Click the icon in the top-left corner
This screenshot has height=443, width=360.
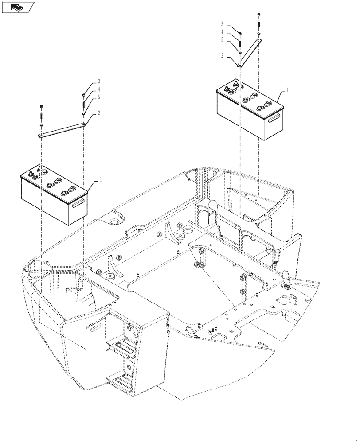click(x=18, y=7)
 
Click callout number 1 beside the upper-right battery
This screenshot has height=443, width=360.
click(x=288, y=90)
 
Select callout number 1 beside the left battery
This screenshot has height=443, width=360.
click(x=101, y=180)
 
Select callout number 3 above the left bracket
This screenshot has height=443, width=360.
click(x=99, y=82)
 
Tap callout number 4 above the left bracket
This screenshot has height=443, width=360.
click(x=99, y=89)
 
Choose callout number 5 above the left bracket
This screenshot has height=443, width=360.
click(x=99, y=97)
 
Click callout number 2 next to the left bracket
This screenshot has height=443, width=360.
click(x=99, y=113)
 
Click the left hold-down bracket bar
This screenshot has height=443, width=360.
click(x=62, y=131)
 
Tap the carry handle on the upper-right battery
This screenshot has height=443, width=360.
click(x=274, y=117)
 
